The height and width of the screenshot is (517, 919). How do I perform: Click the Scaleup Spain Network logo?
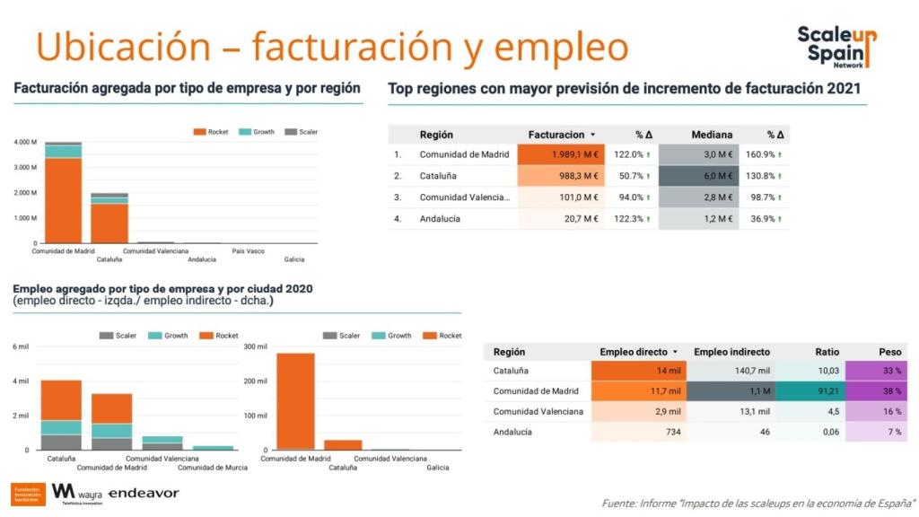[x=836, y=47]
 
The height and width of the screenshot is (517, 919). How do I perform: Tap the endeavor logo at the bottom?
[x=144, y=494]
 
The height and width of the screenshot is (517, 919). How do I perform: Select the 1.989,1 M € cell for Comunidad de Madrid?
[x=561, y=154]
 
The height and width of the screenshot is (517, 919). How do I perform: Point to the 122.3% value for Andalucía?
[x=628, y=218]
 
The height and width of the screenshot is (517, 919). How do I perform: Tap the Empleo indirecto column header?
[x=731, y=352]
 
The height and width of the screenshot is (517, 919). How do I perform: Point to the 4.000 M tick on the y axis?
[x=25, y=142]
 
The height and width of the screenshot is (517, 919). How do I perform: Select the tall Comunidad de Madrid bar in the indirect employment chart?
[x=295, y=400]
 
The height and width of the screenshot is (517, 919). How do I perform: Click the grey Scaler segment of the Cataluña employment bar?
[x=61, y=442]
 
